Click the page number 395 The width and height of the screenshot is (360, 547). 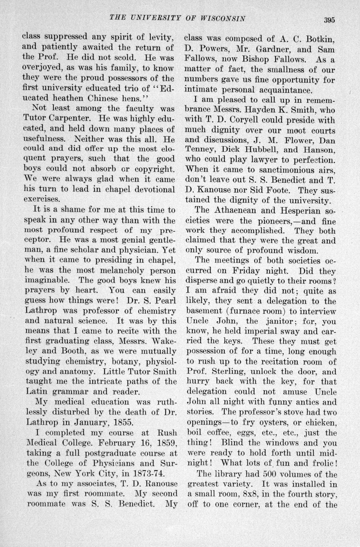[x=329, y=20]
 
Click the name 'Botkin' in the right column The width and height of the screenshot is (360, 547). [x=320, y=39]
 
